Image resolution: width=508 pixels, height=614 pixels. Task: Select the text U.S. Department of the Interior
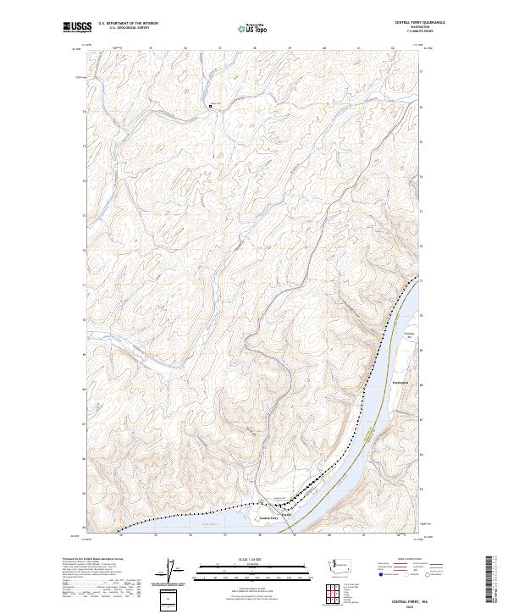(x=128, y=24)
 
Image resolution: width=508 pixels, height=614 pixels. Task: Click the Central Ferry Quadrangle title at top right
(x=418, y=23)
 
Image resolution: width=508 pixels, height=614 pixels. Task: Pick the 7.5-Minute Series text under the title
(x=418, y=31)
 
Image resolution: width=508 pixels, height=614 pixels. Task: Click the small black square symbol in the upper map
(x=210, y=106)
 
